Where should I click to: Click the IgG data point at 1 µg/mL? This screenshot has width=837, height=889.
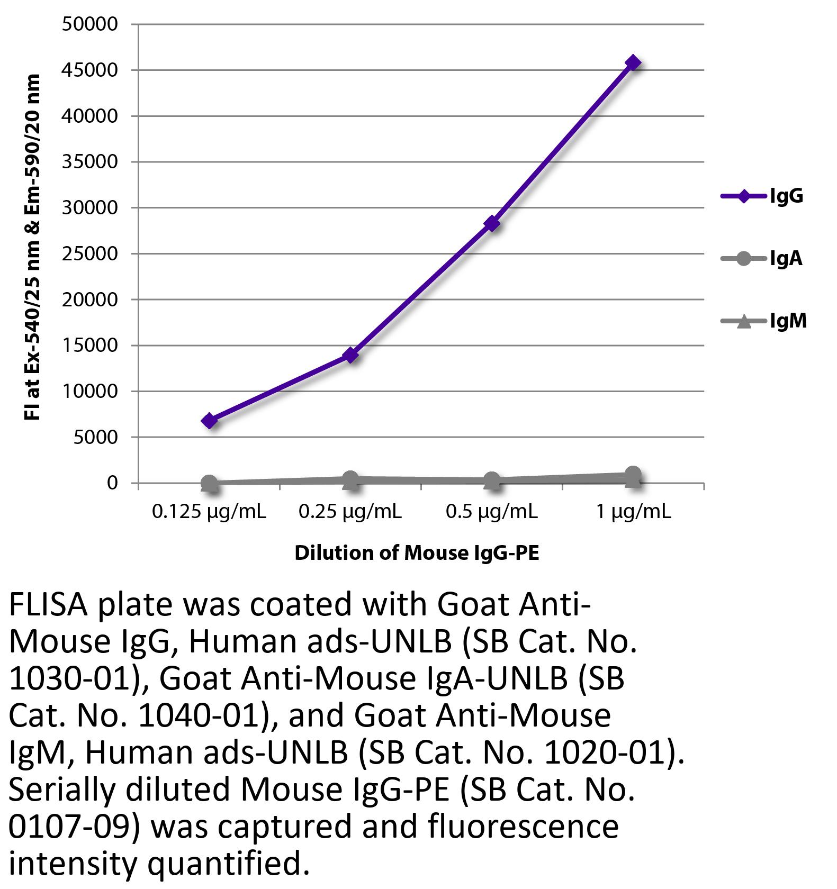633,63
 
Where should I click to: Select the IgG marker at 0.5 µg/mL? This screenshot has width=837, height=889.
492,224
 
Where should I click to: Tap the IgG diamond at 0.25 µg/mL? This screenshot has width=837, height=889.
350,355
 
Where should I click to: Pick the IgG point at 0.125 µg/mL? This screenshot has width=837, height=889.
210,421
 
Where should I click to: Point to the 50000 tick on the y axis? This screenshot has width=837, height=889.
89,24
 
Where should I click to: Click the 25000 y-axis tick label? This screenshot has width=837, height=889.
89,254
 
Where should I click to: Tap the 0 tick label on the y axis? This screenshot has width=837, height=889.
112,483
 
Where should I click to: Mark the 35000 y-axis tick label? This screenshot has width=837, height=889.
89,162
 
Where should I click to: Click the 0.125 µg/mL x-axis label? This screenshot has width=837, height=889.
209,512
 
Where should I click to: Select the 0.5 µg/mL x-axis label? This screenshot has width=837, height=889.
492,512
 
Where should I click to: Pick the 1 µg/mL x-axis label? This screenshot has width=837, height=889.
633,512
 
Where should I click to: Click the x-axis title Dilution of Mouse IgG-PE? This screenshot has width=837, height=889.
417,553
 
